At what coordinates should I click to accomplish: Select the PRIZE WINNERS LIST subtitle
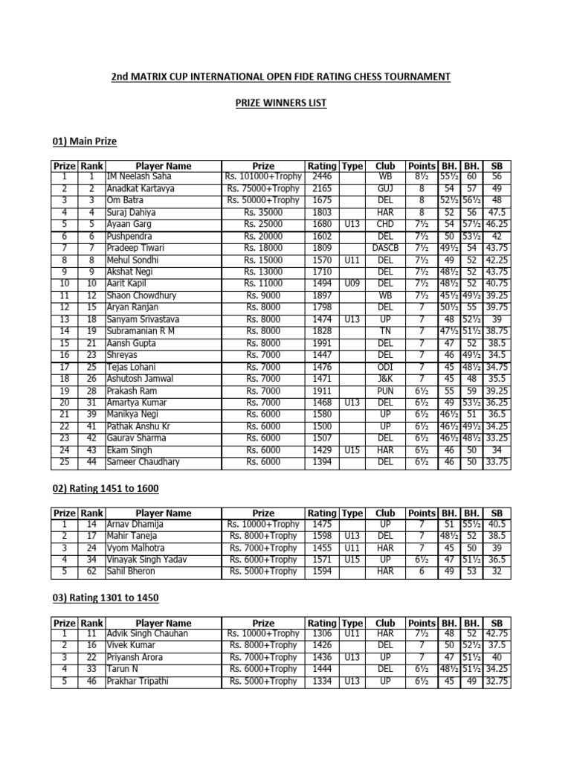click(285, 103)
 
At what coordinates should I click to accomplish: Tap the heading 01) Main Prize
click(84, 141)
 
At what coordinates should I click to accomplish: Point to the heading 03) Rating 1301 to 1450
click(104, 598)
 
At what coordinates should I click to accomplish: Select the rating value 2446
click(322, 177)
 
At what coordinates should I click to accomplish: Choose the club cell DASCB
click(385, 247)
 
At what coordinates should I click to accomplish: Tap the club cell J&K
click(385, 380)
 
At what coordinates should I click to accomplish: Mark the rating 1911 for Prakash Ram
click(322, 391)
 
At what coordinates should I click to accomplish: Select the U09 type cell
click(353, 284)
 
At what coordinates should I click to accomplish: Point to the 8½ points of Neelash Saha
click(422, 177)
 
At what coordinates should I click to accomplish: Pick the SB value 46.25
click(496, 223)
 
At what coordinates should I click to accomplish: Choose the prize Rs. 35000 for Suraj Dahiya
click(263, 212)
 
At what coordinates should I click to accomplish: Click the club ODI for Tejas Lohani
click(385, 368)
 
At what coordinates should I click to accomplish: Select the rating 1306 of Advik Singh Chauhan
click(322, 633)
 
